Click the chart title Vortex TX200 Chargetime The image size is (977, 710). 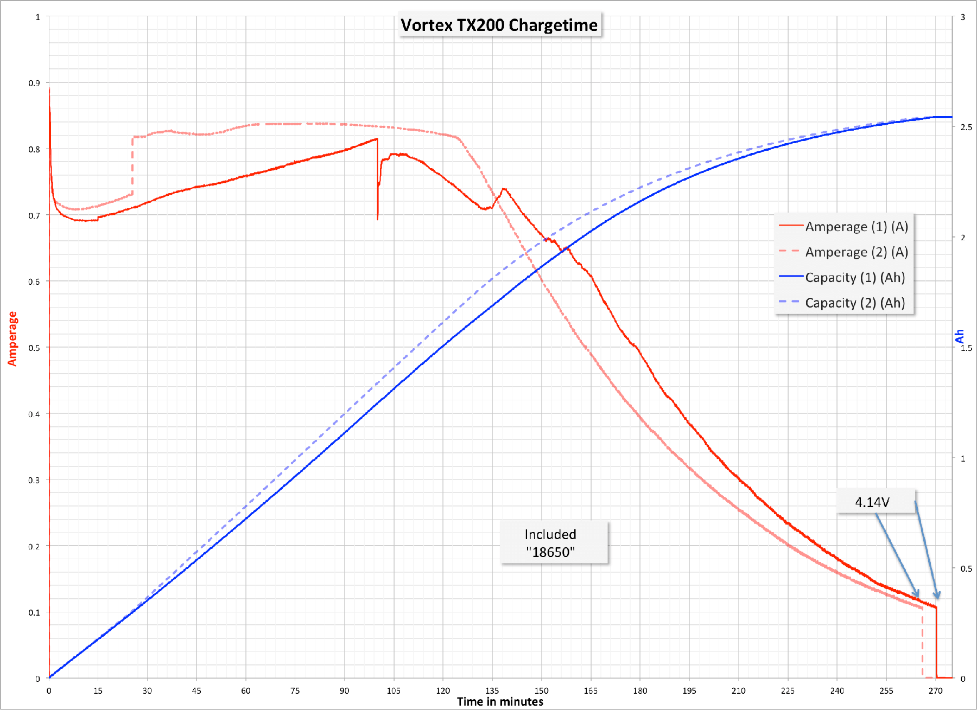pos(499,25)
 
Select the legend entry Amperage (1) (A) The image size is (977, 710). pos(856,227)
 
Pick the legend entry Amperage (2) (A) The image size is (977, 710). pos(856,252)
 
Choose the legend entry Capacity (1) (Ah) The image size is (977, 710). pos(854,278)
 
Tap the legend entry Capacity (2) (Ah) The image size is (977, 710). pos(854,303)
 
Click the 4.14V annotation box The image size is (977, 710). pos(872,502)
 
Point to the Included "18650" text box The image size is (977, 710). pos(550,543)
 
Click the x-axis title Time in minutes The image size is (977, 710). pos(500,702)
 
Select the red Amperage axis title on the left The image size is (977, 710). pos(12,338)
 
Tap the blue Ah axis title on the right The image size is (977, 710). pos(960,336)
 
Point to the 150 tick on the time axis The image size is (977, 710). pos(541,690)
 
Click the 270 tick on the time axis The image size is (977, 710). pos(935,690)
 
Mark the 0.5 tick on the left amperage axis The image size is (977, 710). pos(34,348)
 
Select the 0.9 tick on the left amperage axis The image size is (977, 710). pos(34,83)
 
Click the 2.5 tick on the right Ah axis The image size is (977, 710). pos(966,127)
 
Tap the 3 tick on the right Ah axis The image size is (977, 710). pos(963,17)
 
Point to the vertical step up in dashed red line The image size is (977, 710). pos(132,165)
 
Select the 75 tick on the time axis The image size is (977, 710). pos(295,690)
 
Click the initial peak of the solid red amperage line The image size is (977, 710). pos(49,89)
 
